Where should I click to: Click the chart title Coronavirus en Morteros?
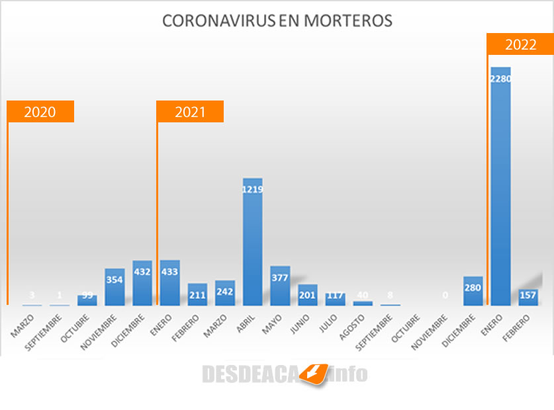(x=277, y=21)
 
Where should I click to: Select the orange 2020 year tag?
(x=40, y=112)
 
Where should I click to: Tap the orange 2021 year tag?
(x=190, y=112)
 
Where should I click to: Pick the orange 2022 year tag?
(x=520, y=44)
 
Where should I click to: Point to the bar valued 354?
(x=115, y=288)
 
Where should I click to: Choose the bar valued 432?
(x=142, y=283)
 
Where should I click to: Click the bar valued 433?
(x=169, y=283)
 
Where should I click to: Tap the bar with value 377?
(x=280, y=286)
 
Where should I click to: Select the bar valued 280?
(x=473, y=291)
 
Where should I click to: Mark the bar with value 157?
(x=528, y=297)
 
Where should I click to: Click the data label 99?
(x=87, y=295)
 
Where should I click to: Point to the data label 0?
(x=445, y=295)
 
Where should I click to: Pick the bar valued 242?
(x=225, y=293)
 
